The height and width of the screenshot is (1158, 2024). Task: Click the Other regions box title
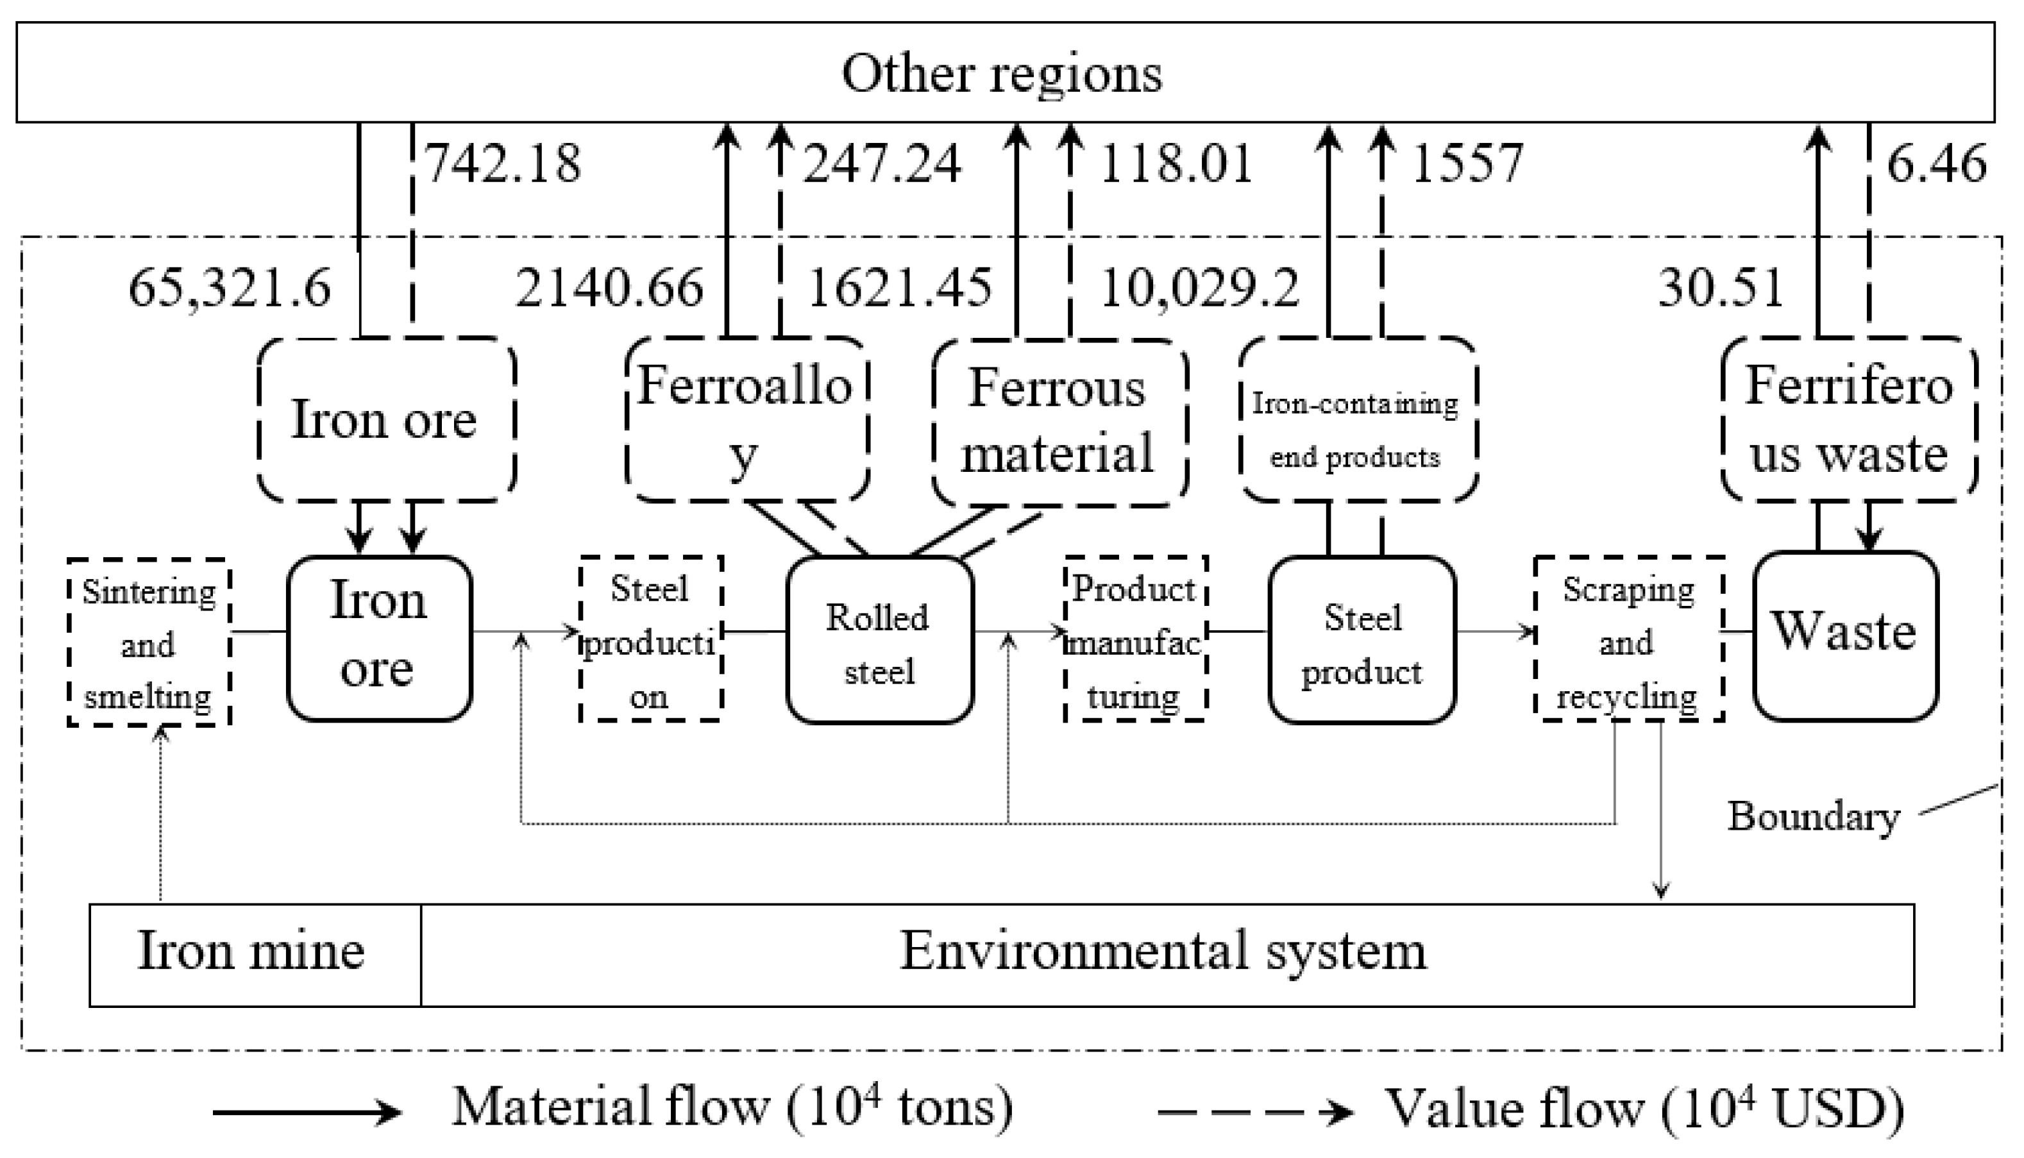tap(1002, 73)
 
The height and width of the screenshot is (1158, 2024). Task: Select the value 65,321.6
tap(229, 287)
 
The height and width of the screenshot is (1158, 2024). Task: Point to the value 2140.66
tap(609, 287)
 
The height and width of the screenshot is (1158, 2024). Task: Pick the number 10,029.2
tap(1199, 287)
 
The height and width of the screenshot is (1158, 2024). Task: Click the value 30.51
tap(1720, 287)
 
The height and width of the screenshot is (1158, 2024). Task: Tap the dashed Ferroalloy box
tap(746, 420)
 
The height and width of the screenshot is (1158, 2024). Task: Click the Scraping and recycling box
tap(1627, 641)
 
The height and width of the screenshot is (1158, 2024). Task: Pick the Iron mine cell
tap(253, 952)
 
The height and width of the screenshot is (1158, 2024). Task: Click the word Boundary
tap(1813, 817)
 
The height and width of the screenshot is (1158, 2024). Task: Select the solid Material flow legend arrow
tap(306, 1112)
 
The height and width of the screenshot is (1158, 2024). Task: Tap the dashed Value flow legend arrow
tap(1254, 1112)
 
